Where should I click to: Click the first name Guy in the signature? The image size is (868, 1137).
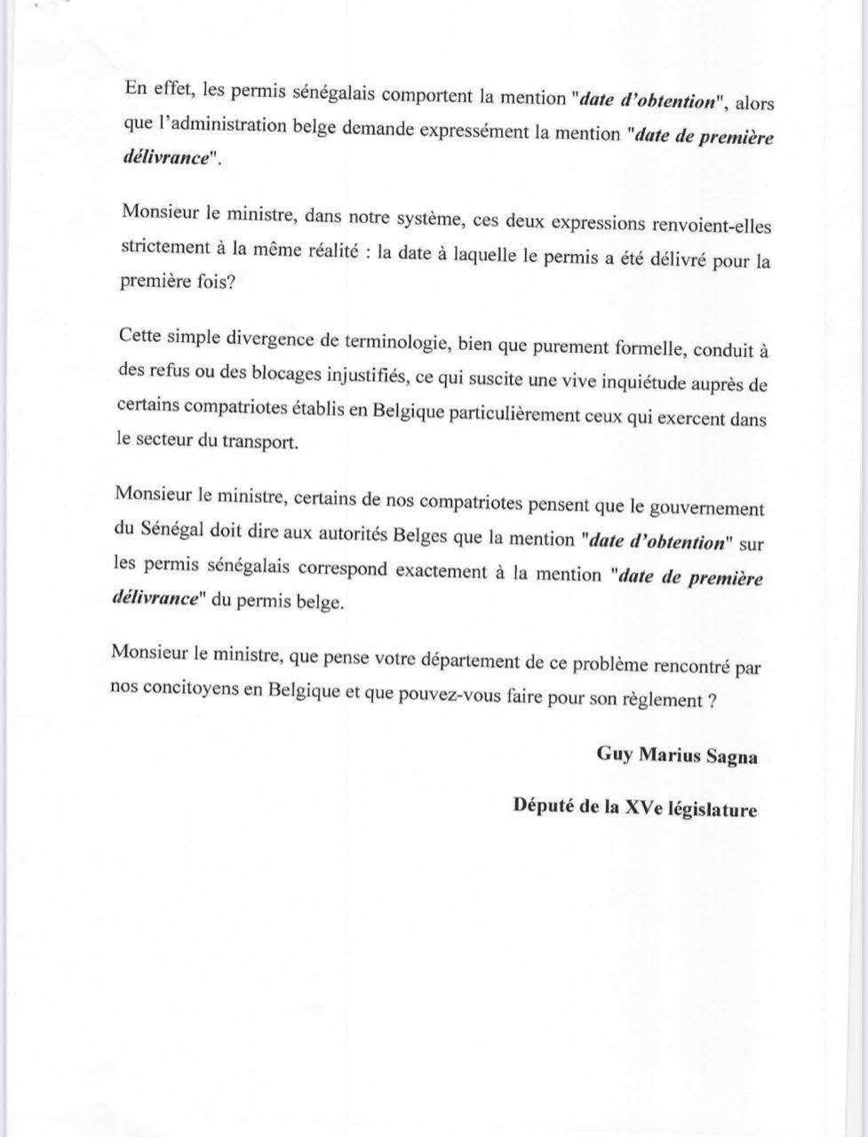(613, 755)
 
